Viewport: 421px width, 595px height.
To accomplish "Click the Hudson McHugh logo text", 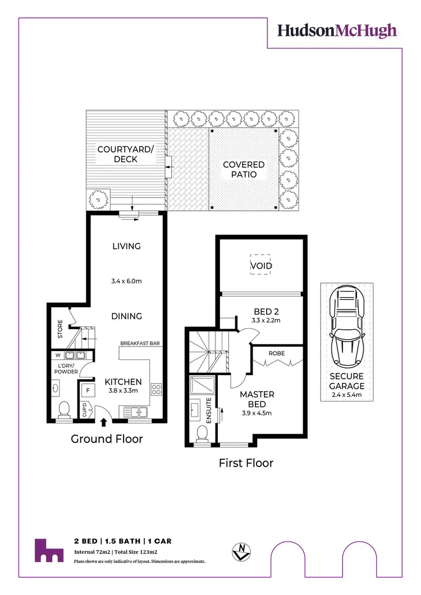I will coord(337,30).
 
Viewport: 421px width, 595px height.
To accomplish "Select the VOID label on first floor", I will coord(260,265).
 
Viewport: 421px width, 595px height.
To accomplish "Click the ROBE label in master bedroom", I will coord(277,354).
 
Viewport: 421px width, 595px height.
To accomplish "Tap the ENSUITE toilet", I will coord(203,432).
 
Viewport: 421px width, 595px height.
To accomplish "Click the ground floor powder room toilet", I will coord(63,408).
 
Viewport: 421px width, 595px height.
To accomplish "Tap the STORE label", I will coord(60,329).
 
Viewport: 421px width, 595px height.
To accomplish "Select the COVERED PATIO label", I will coord(244,169).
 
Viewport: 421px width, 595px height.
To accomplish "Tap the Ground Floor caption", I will coord(107,439).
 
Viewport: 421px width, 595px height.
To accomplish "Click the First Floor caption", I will coord(246,463).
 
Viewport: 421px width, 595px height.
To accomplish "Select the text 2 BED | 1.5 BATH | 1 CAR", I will coord(122,541).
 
